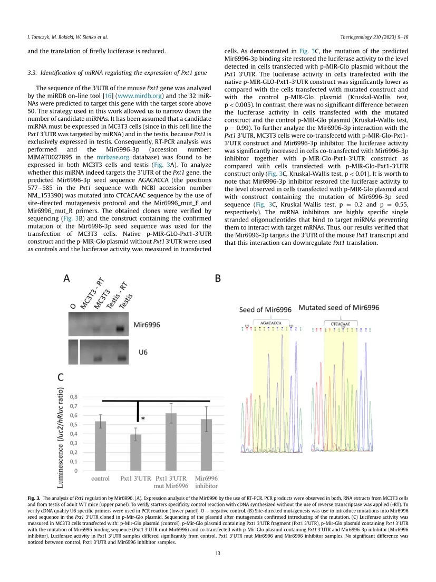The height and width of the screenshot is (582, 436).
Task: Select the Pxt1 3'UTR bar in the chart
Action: coord(135,452)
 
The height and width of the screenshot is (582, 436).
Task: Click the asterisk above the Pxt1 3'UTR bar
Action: coord(143,418)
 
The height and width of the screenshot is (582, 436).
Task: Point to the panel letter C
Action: coord(62,377)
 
